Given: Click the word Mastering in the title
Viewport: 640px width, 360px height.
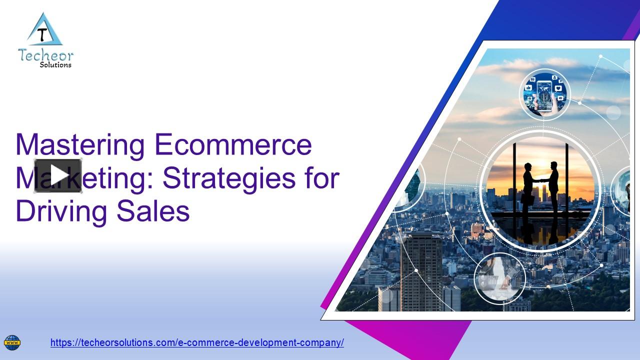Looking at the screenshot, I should [80, 145].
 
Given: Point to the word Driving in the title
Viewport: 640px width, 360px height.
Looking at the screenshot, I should [61, 211].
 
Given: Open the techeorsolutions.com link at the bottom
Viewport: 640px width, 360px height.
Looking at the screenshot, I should [197, 343].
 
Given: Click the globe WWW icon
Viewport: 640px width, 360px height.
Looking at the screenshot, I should [12, 343].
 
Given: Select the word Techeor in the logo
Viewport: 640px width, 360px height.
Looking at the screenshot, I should [45, 54].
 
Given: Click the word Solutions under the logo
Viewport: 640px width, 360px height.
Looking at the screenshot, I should [55, 64].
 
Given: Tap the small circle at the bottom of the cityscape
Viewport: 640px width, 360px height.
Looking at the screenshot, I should [499, 278].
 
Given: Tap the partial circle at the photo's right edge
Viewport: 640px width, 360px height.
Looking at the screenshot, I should [622, 190].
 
